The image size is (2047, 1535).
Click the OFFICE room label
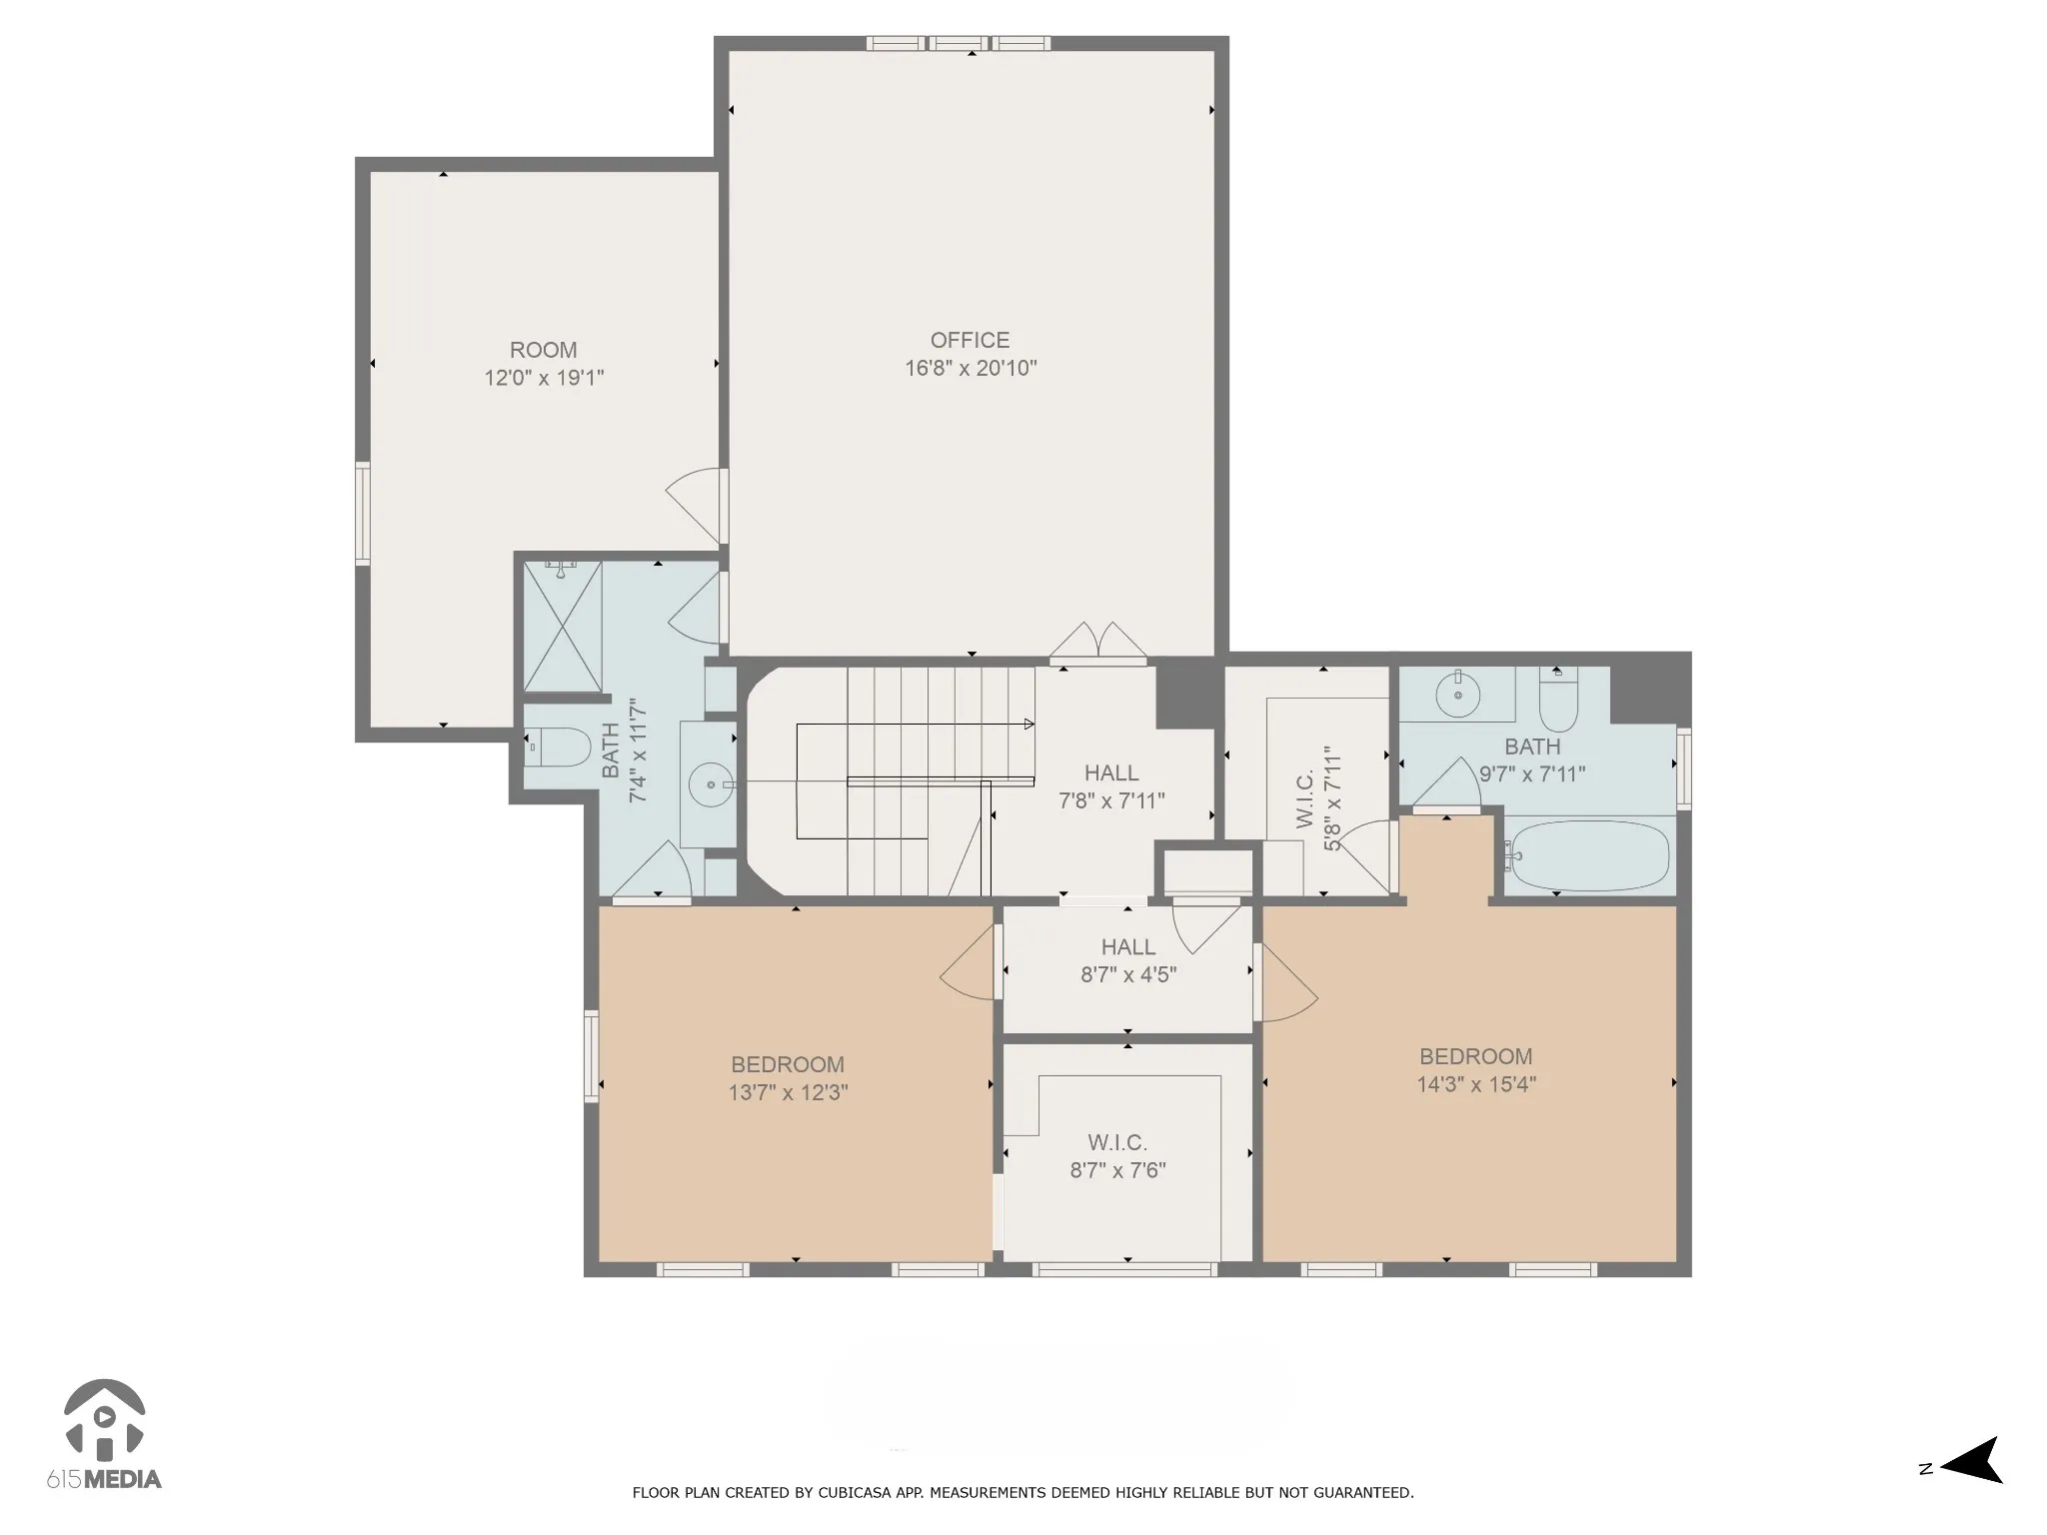[970, 340]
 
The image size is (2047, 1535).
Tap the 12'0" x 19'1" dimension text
[545, 378]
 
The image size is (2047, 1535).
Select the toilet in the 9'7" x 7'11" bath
[1557, 699]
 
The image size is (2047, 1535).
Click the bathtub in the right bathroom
[1588, 856]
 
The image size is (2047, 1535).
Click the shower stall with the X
[563, 627]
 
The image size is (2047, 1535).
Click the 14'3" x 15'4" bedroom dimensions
[1476, 1084]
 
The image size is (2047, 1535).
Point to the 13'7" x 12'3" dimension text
[789, 1092]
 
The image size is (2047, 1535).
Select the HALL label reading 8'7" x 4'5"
[1128, 946]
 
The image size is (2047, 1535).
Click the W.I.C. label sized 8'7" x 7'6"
[1117, 1142]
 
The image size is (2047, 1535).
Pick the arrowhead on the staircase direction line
[1029, 724]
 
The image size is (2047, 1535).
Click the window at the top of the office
[959, 43]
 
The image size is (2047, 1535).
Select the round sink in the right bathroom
[1458, 694]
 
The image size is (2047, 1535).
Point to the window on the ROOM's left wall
[363, 514]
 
